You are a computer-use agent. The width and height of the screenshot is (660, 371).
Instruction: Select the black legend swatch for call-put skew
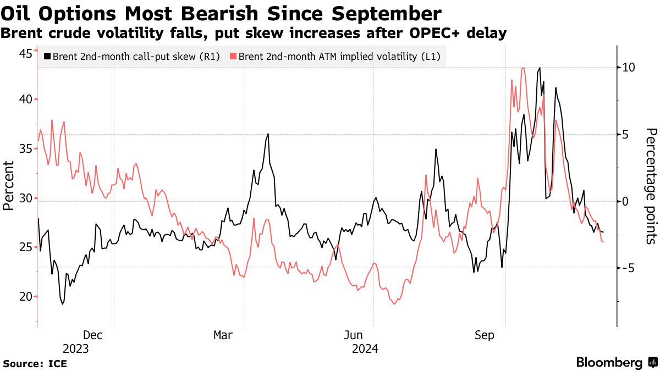[47, 56]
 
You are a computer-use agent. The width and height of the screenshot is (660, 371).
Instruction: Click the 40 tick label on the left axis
[25, 99]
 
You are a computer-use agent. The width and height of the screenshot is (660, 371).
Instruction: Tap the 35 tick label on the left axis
[25, 149]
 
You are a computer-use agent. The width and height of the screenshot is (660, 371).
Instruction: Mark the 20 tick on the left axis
[25, 297]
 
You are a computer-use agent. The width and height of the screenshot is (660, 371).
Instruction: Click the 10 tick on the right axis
[629, 68]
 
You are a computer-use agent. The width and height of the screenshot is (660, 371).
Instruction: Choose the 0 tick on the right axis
[626, 201]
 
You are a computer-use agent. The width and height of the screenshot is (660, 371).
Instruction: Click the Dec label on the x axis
[92, 335]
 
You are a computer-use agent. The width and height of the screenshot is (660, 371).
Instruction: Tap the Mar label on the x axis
[223, 335]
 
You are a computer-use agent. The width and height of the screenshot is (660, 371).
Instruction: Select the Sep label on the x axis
[485, 335]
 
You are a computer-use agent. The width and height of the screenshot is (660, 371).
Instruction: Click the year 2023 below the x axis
[75, 349]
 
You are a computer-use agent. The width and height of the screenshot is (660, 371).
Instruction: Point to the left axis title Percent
[8, 185]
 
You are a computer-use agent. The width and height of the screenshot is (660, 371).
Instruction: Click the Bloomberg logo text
[609, 363]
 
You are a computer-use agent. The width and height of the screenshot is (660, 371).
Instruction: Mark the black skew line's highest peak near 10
[540, 68]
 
